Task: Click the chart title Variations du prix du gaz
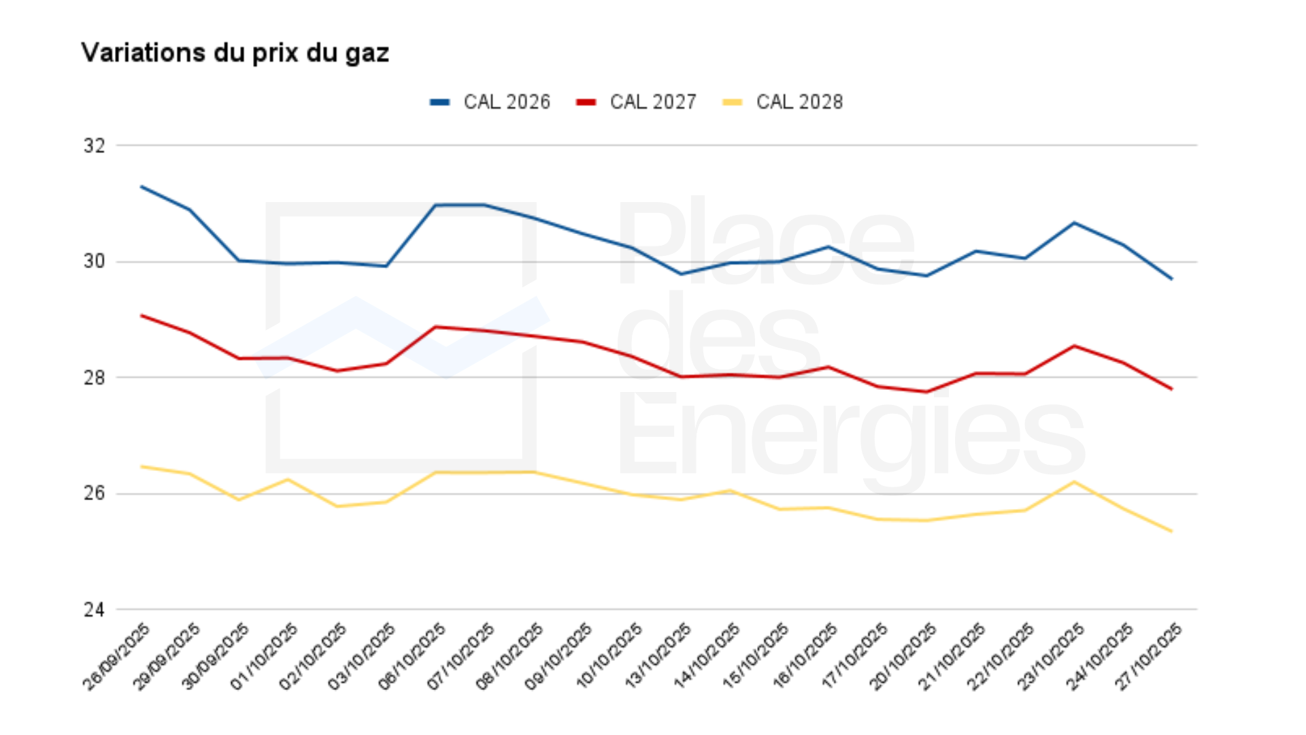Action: click(x=235, y=53)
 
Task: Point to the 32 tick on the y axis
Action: click(x=95, y=146)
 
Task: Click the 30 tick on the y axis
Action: click(x=95, y=261)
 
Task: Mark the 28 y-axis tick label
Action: click(x=95, y=378)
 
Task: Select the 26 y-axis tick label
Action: click(x=95, y=493)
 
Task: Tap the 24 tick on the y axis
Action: click(x=95, y=610)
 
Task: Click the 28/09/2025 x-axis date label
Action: click(x=117, y=657)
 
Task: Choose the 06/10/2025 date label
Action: click(x=412, y=657)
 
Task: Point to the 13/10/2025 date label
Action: click(x=658, y=657)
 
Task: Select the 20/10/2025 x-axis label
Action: click(x=903, y=657)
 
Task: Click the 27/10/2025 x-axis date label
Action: click(x=1149, y=657)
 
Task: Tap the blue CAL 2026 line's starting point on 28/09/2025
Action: click(x=141, y=186)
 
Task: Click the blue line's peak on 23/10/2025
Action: click(x=1074, y=223)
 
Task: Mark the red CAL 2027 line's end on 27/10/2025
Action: click(x=1171, y=389)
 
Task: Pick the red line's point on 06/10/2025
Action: click(x=436, y=327)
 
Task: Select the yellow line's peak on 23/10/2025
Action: click(x=1074, y=482)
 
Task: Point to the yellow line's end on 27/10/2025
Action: click(x=1171, y=531)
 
